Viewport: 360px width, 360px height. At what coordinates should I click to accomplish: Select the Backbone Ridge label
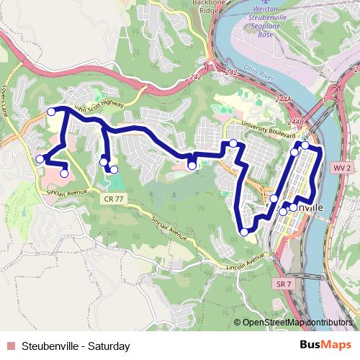click(190, 7)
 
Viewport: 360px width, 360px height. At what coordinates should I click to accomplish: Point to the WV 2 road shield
click(342, 167)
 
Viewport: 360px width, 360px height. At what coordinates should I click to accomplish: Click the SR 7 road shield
click(282, 284)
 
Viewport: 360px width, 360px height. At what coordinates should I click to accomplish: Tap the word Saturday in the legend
click(108, 346)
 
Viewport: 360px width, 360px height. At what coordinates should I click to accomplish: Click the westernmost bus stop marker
click(40, 159)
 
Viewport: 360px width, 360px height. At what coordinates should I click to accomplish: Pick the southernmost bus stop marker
click(244, 232)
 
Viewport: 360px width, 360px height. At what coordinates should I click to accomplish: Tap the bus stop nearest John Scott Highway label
click(52, 112)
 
